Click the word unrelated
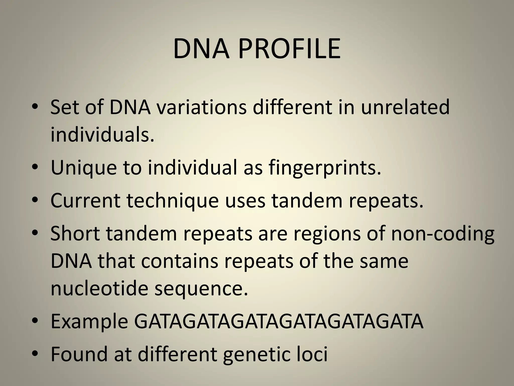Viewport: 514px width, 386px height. click(x=405, y=108)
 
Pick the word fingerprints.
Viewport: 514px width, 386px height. click(x=325, y=168)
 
